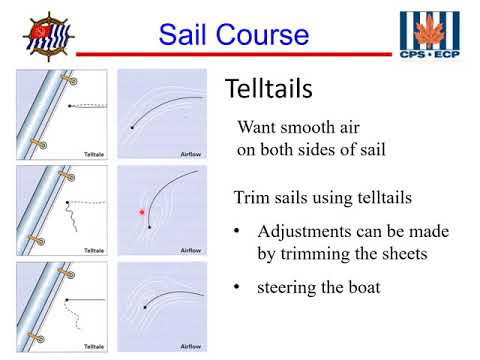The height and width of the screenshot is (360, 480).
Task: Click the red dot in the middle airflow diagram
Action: tap(142, 213)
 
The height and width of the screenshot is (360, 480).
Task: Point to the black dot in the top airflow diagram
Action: tap(133, 128)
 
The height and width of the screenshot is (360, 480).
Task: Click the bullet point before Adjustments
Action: tap(237, 232)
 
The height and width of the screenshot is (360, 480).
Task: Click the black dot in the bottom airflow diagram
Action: tap(146, 307)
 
